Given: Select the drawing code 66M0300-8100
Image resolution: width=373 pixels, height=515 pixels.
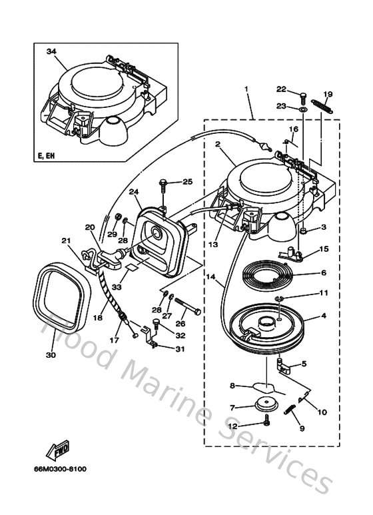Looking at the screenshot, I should click(x=59, y=469).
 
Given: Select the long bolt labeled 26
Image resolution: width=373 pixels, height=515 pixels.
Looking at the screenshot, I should click(x=195, y=310).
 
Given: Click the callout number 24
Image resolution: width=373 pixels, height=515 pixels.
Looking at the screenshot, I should click(x=135, y=193).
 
